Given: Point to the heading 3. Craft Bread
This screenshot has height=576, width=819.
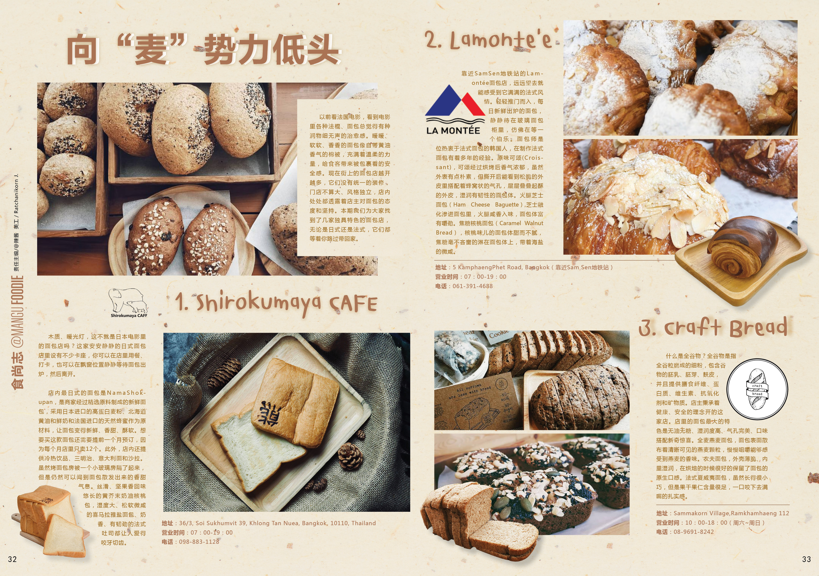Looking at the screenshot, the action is [x=713, y=327].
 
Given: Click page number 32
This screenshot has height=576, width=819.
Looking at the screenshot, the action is [x=12, y=559].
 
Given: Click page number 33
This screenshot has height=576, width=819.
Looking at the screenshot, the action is [x=807, y=559].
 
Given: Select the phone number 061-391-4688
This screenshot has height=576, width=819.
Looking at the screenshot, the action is [x=473, y=286].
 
